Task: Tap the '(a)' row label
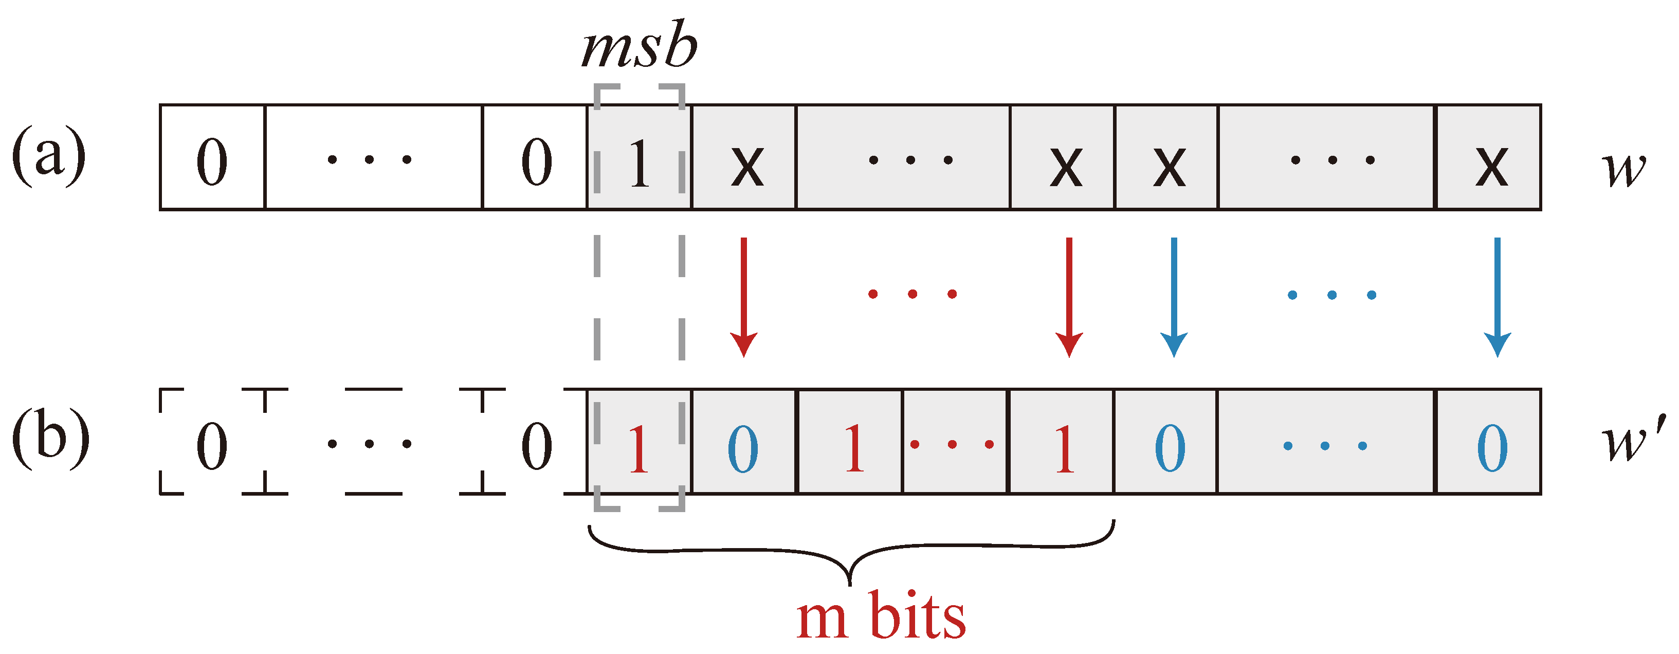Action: click(49, 156)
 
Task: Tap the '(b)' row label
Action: click(50, 438)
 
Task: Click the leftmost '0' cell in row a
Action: click(212, 160)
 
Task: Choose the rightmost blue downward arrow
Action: click(1497, 297)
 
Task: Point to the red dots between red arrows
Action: click(912, 294)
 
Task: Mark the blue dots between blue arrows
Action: click(1331, 295)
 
